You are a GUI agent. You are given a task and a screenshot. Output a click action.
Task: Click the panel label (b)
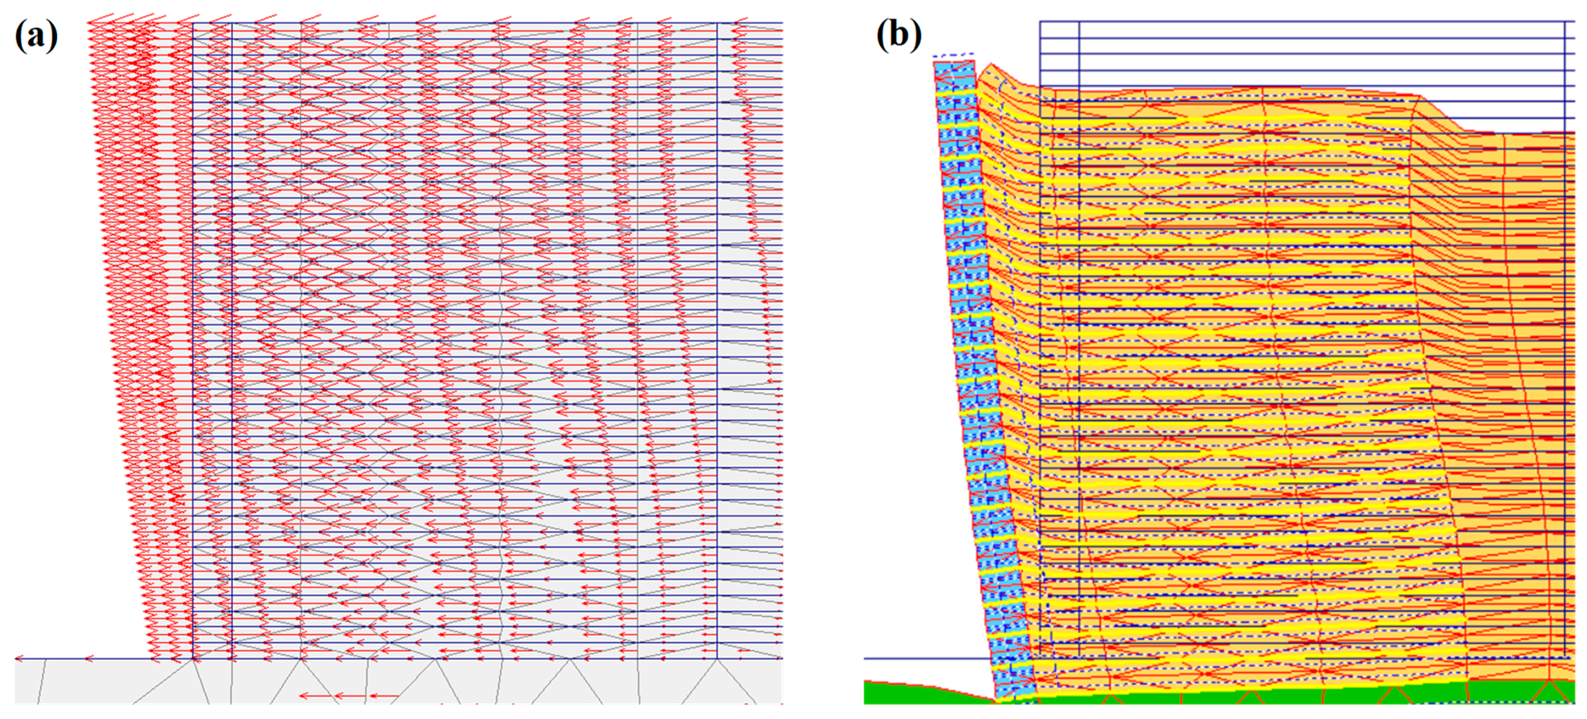point(899,35)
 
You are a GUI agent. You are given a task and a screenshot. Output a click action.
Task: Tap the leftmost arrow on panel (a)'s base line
point(20,659)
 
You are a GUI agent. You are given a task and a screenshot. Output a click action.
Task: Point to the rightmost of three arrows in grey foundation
point(383,696)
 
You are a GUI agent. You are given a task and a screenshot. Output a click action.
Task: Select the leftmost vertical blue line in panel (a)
point(193,338)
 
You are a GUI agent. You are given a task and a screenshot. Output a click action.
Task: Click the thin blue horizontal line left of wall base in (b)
point(924,658)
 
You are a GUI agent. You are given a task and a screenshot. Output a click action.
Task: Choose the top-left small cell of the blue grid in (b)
point(1060,30)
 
